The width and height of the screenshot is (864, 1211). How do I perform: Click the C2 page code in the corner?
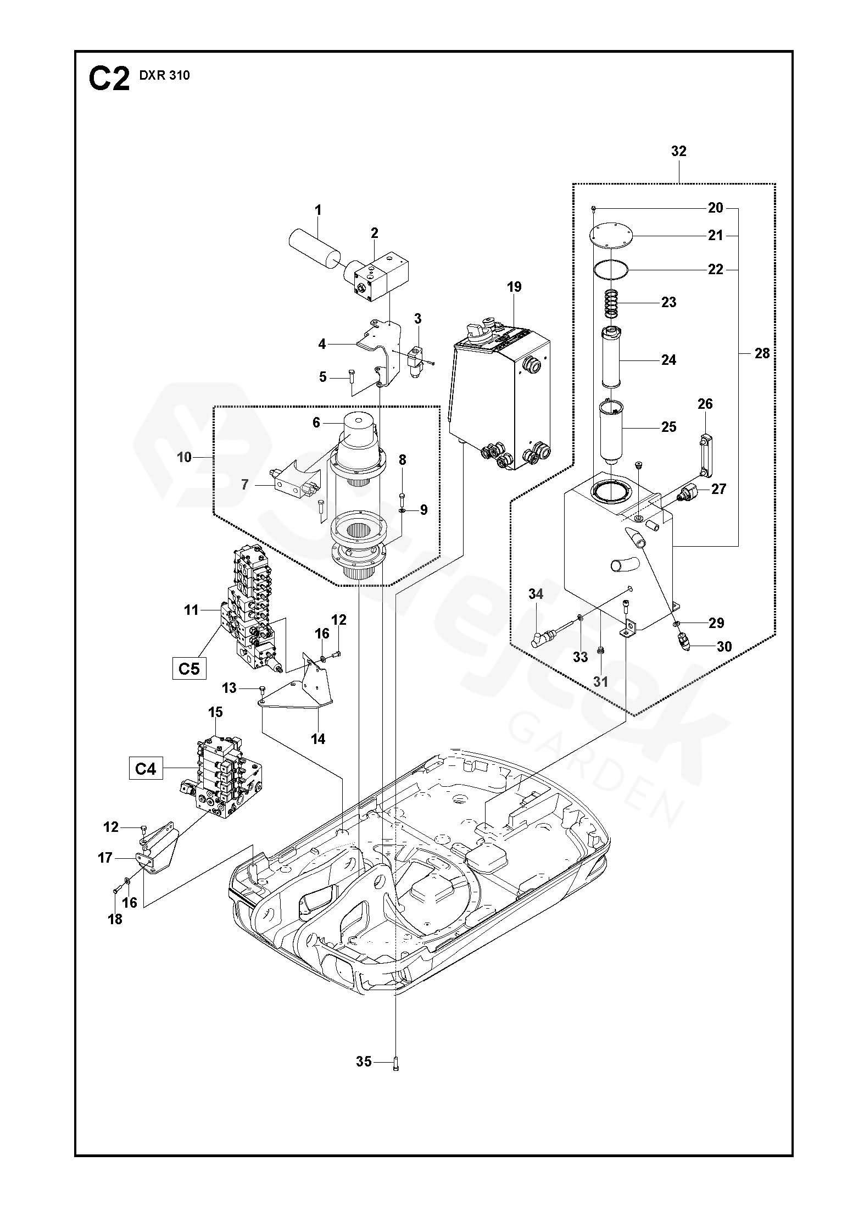click(109, 80)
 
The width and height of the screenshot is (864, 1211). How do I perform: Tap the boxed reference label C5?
click(189, 668)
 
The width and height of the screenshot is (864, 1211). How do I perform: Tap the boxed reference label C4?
click(146, 769)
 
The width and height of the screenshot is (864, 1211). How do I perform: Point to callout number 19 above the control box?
click(514, 287)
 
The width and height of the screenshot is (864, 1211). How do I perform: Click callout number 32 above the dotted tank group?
click(679, 151)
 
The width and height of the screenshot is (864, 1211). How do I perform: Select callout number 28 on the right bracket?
click(762, 353)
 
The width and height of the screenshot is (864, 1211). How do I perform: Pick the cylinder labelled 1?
click(314, 249)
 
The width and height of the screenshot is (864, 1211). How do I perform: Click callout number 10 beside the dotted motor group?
click(185, 457)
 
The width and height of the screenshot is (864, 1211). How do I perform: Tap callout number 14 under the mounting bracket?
click(318, 739)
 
